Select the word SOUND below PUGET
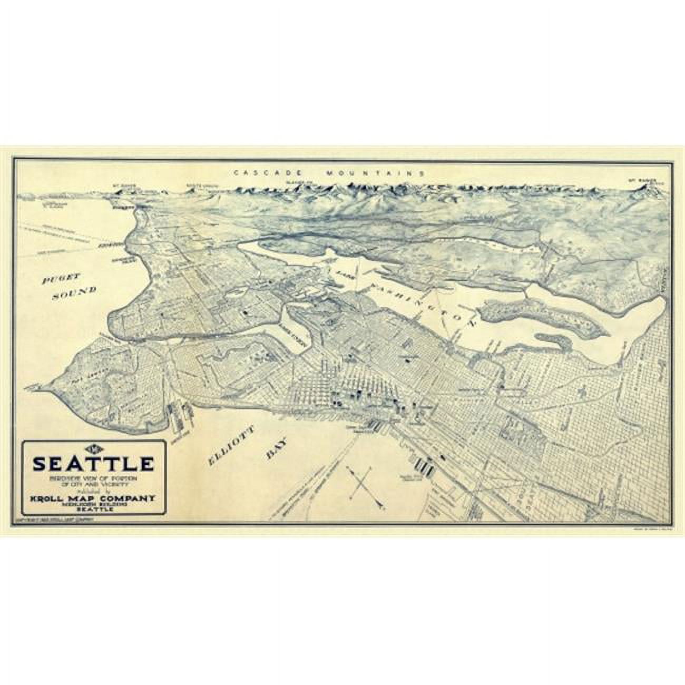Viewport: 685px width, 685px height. tap(74, 293)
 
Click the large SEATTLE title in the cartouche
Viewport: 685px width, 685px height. tap(93, 464)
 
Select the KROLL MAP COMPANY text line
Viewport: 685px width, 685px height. tap(93, 497)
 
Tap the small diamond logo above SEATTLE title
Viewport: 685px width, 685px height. tap(93, 449)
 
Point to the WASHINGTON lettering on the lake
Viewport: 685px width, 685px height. tap(422, 300)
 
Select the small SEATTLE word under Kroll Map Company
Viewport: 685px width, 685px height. tap(93, 509)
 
